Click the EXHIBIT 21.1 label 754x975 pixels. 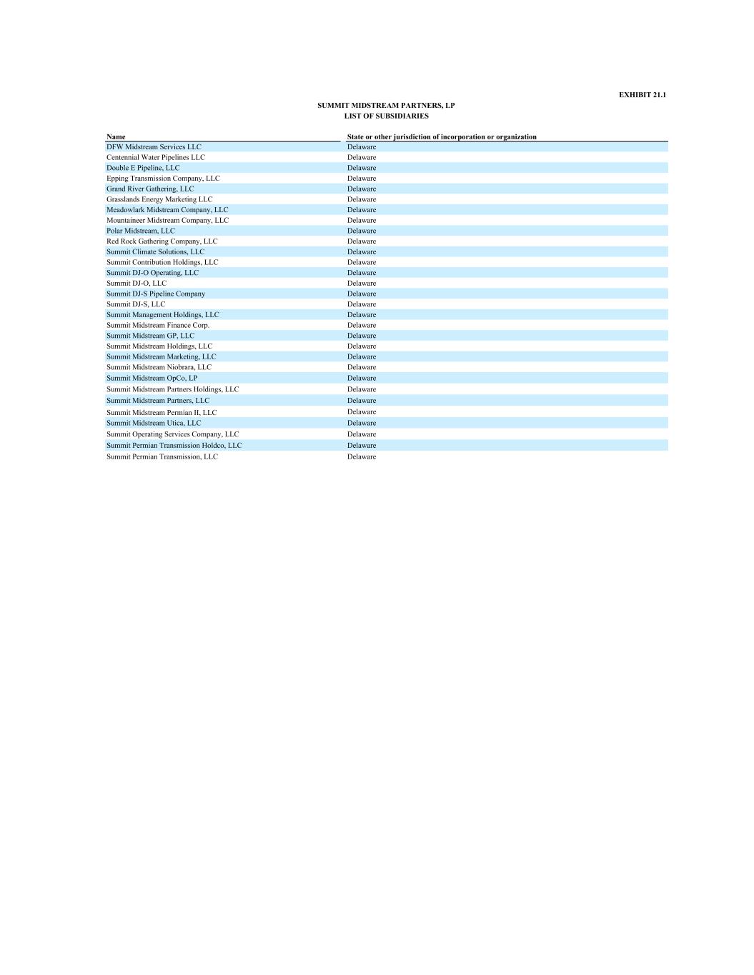coord(642,95)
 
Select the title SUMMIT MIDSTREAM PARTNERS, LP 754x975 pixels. coord(386,106)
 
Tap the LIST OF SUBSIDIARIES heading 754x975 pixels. coord(386,116)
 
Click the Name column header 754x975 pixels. coord(116,136)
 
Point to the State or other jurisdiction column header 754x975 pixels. coord(442,136)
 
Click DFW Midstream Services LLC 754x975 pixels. coord(154,147)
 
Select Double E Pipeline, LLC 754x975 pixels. coord(143,168)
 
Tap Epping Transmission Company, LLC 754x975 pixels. coord(163,179)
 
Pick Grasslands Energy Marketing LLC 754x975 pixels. coord(159,199)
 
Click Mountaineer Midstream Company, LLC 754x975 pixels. coord(167,220)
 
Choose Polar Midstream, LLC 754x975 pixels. coord(140,231)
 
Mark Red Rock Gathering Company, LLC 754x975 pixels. coord(162,241)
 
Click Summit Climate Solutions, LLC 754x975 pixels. coord(155,251)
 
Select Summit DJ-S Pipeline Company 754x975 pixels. coord(156,294)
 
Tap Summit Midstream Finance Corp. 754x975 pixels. coord(158,325)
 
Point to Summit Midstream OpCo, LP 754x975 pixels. coord(152,378)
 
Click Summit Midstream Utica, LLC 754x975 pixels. coord(154,423)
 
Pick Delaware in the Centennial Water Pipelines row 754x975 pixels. coord(362,157)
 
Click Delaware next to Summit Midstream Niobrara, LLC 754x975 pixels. coord(362,367)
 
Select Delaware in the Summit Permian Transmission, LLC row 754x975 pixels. coord(362,457)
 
